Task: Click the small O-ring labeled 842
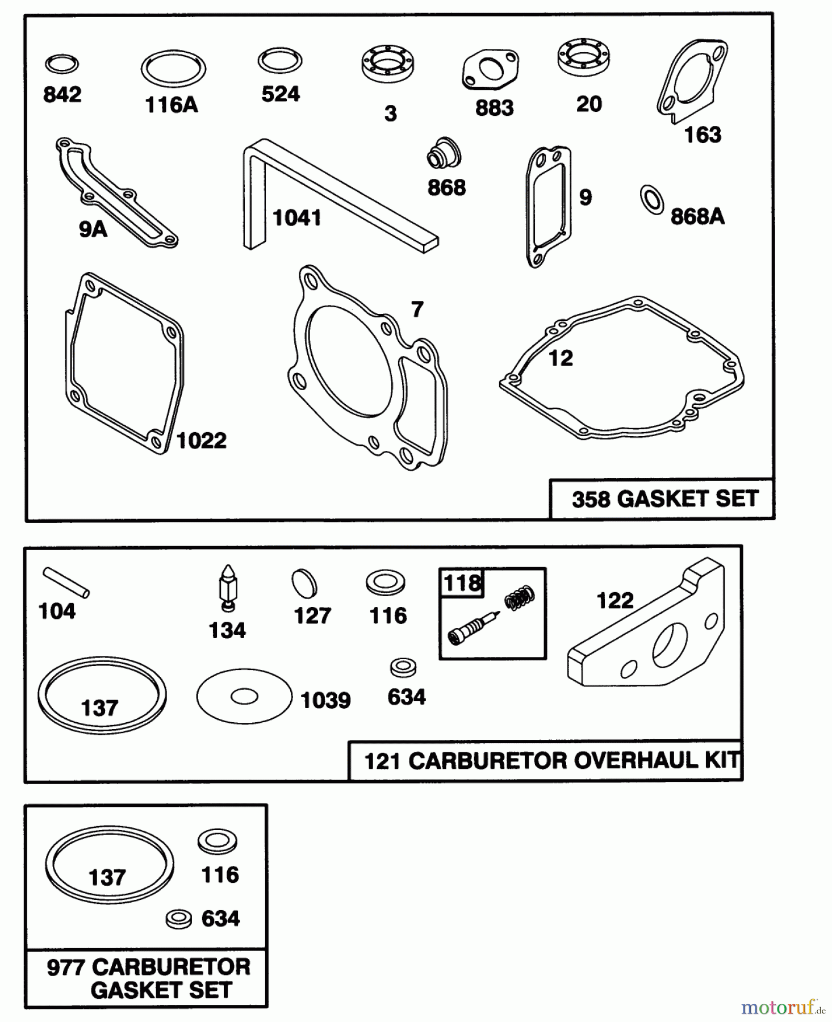coord(62,64)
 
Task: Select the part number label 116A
coord(172,105)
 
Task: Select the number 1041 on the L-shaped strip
coord(297,217)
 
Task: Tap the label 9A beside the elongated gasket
coord(93,229)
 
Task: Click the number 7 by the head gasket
coord(417,309)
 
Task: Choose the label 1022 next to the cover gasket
coord(202,441)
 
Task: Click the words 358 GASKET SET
coord(665,499)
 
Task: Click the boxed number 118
coord(462,583)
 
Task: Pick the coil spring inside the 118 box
coord(519,598)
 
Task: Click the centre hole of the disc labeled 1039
coord(244,696)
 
